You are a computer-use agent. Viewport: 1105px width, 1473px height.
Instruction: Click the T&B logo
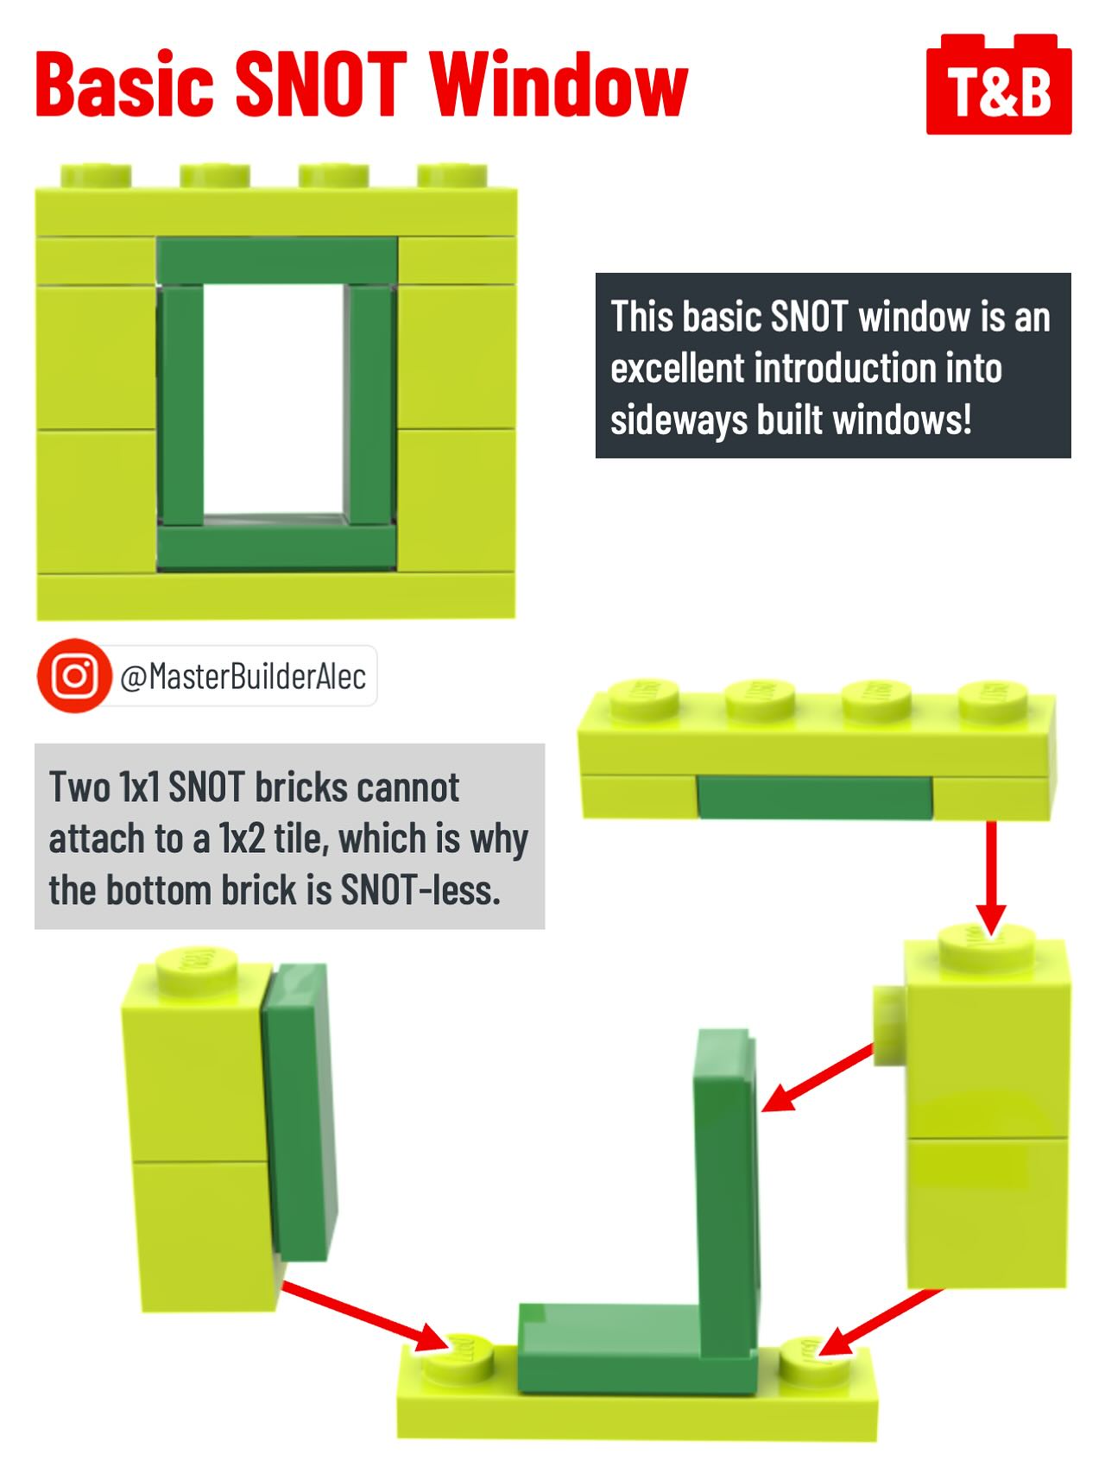[x=999, y=85]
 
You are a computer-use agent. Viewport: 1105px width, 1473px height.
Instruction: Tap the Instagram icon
[x=75, y=676]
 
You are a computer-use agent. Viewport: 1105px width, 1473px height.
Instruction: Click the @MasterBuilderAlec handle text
[x=243, y=677]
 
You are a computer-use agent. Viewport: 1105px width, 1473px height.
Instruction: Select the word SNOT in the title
[x=320, y=85]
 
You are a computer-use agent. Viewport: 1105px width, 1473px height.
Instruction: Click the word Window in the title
[x=559, y=85]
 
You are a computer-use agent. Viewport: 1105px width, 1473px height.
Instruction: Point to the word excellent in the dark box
[x=677, y=369]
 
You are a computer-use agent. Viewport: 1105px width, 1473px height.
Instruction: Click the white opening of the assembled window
[x=275, y=400]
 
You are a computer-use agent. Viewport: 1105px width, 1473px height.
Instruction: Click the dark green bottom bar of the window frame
[x=277, y=547]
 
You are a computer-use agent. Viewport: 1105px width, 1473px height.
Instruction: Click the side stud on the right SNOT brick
[x=887, y=1025]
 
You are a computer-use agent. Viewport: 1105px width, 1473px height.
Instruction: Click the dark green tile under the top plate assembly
[x=814, y=797]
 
